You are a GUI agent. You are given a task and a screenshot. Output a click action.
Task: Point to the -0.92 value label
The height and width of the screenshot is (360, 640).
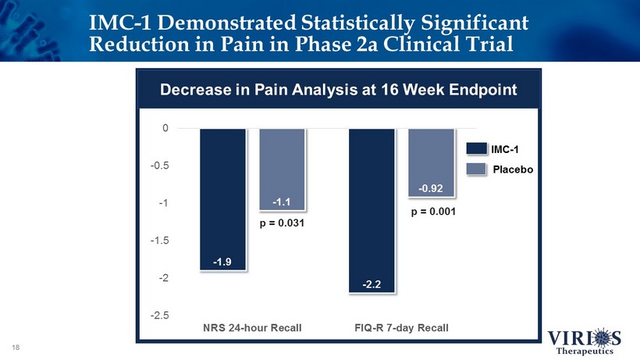[431, 188]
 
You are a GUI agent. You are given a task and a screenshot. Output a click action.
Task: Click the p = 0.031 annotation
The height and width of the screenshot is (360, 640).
[281, 224]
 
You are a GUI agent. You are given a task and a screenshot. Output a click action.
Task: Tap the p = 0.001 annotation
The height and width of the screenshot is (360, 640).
[430, 211]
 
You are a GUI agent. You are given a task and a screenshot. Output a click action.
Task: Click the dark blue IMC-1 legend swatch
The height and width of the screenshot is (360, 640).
[475, 148]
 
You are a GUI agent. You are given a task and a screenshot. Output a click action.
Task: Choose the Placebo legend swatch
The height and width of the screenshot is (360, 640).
[475, 169]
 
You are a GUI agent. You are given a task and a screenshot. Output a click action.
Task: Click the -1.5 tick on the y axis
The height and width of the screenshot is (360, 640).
[160, 241]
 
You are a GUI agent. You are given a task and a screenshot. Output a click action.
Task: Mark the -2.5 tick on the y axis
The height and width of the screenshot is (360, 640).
[160, 315]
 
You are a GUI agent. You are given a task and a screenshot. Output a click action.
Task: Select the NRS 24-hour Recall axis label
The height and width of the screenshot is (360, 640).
[252, 327]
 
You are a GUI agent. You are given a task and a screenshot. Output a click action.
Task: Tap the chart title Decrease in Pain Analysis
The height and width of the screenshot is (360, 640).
[338, 89]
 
